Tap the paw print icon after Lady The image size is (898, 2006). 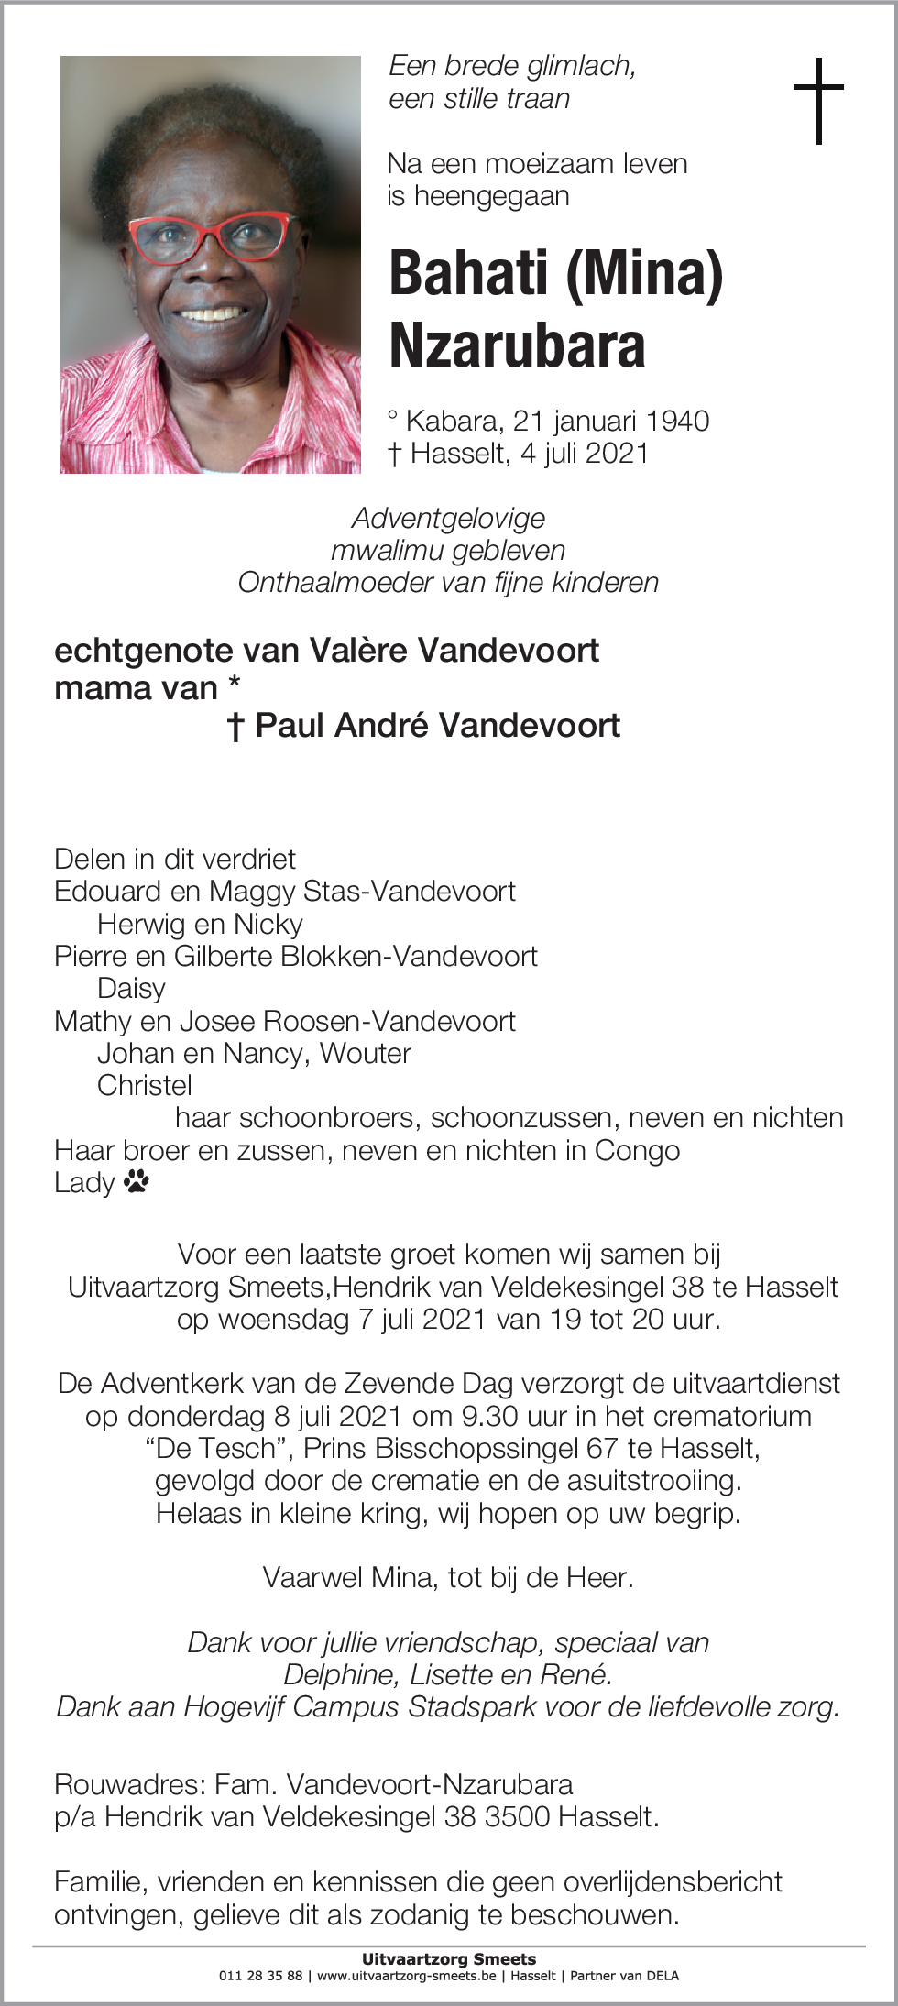[x=137, y=1181]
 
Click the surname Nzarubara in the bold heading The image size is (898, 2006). [x=517, y=345]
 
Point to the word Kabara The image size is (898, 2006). [x=454, y=421]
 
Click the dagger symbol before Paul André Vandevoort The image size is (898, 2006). [x=235, y=727]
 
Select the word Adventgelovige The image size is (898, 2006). [x=448, y=518]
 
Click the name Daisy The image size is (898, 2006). [x=131, y=988]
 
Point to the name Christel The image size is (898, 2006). [x=145, y=1085]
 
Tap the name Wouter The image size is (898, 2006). [x=365, y=1053]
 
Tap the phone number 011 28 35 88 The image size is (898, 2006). [x=260, y=1976]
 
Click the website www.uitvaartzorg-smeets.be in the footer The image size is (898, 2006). [x=407, y=1976]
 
